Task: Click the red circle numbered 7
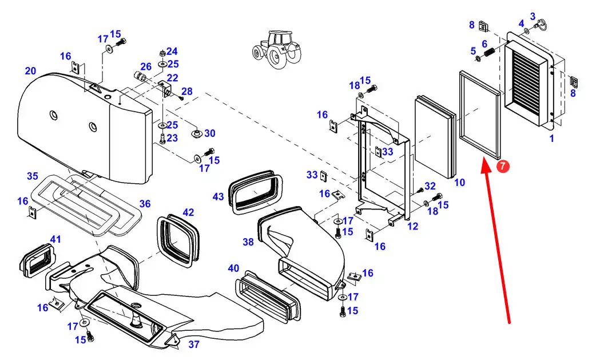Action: [x=502, y=167]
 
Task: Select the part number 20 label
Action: [x=30, y=71]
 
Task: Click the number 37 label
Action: [x=194, y=344]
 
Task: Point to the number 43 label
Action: [x=218, y=196]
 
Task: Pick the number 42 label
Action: [x=188, y=212]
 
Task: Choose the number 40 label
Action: [x=233, y=268]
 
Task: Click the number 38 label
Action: [x=248, y=242]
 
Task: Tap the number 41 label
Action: [x=55, y=239]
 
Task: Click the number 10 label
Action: [x=459, y=183]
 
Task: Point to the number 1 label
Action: [x=551, y=139]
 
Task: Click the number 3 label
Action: [x=533, y=17]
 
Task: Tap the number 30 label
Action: [x=210, y=133]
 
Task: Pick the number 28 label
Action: [x=186, y=92]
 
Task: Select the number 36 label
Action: [x=145, y=203]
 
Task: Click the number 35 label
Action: [x=32, y=175]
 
